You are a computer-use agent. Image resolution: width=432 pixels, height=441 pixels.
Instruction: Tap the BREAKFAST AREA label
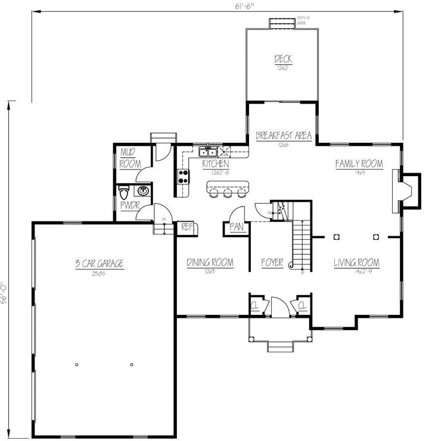(284, 136)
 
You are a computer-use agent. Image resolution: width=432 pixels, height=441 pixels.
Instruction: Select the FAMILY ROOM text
(358, 164)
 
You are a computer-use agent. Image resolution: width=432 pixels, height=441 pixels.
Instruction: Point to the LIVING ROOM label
(356, 262)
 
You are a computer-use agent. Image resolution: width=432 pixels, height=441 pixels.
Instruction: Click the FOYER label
(272, 262)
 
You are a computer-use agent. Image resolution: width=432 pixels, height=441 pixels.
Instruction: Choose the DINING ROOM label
(209, 262)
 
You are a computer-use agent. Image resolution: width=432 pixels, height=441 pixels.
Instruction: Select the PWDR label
(129, 205)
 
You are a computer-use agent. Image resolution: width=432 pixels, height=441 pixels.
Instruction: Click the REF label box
(187, 227)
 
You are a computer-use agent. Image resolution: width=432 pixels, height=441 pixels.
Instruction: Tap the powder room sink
(143, 190)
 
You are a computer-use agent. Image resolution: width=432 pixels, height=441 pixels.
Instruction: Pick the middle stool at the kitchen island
(227, 193)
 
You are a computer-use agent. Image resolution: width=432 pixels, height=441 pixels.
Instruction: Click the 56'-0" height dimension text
(4, 293)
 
